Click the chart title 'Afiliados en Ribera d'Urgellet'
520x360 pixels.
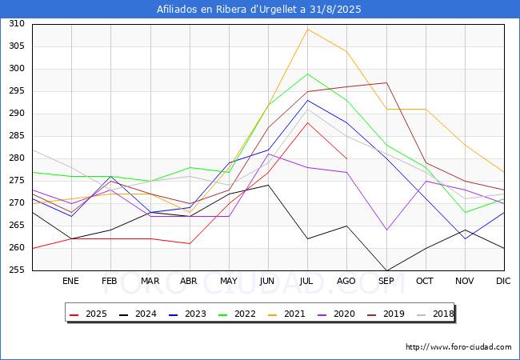[x=260, y=10]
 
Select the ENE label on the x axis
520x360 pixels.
[x=71, y=281]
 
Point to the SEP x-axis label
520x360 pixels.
[x=386, y=281]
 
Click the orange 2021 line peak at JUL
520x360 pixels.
[x=308, y=29]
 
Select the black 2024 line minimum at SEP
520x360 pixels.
[x=386, y=270]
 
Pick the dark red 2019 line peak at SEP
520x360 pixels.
[x=386, y=82]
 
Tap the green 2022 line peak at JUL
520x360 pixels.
[x=308, y=74]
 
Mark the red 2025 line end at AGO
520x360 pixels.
[x=347, y=158]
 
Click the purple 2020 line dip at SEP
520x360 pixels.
[x=386, y=230]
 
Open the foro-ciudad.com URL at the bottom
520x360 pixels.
[x=458, y=347]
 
